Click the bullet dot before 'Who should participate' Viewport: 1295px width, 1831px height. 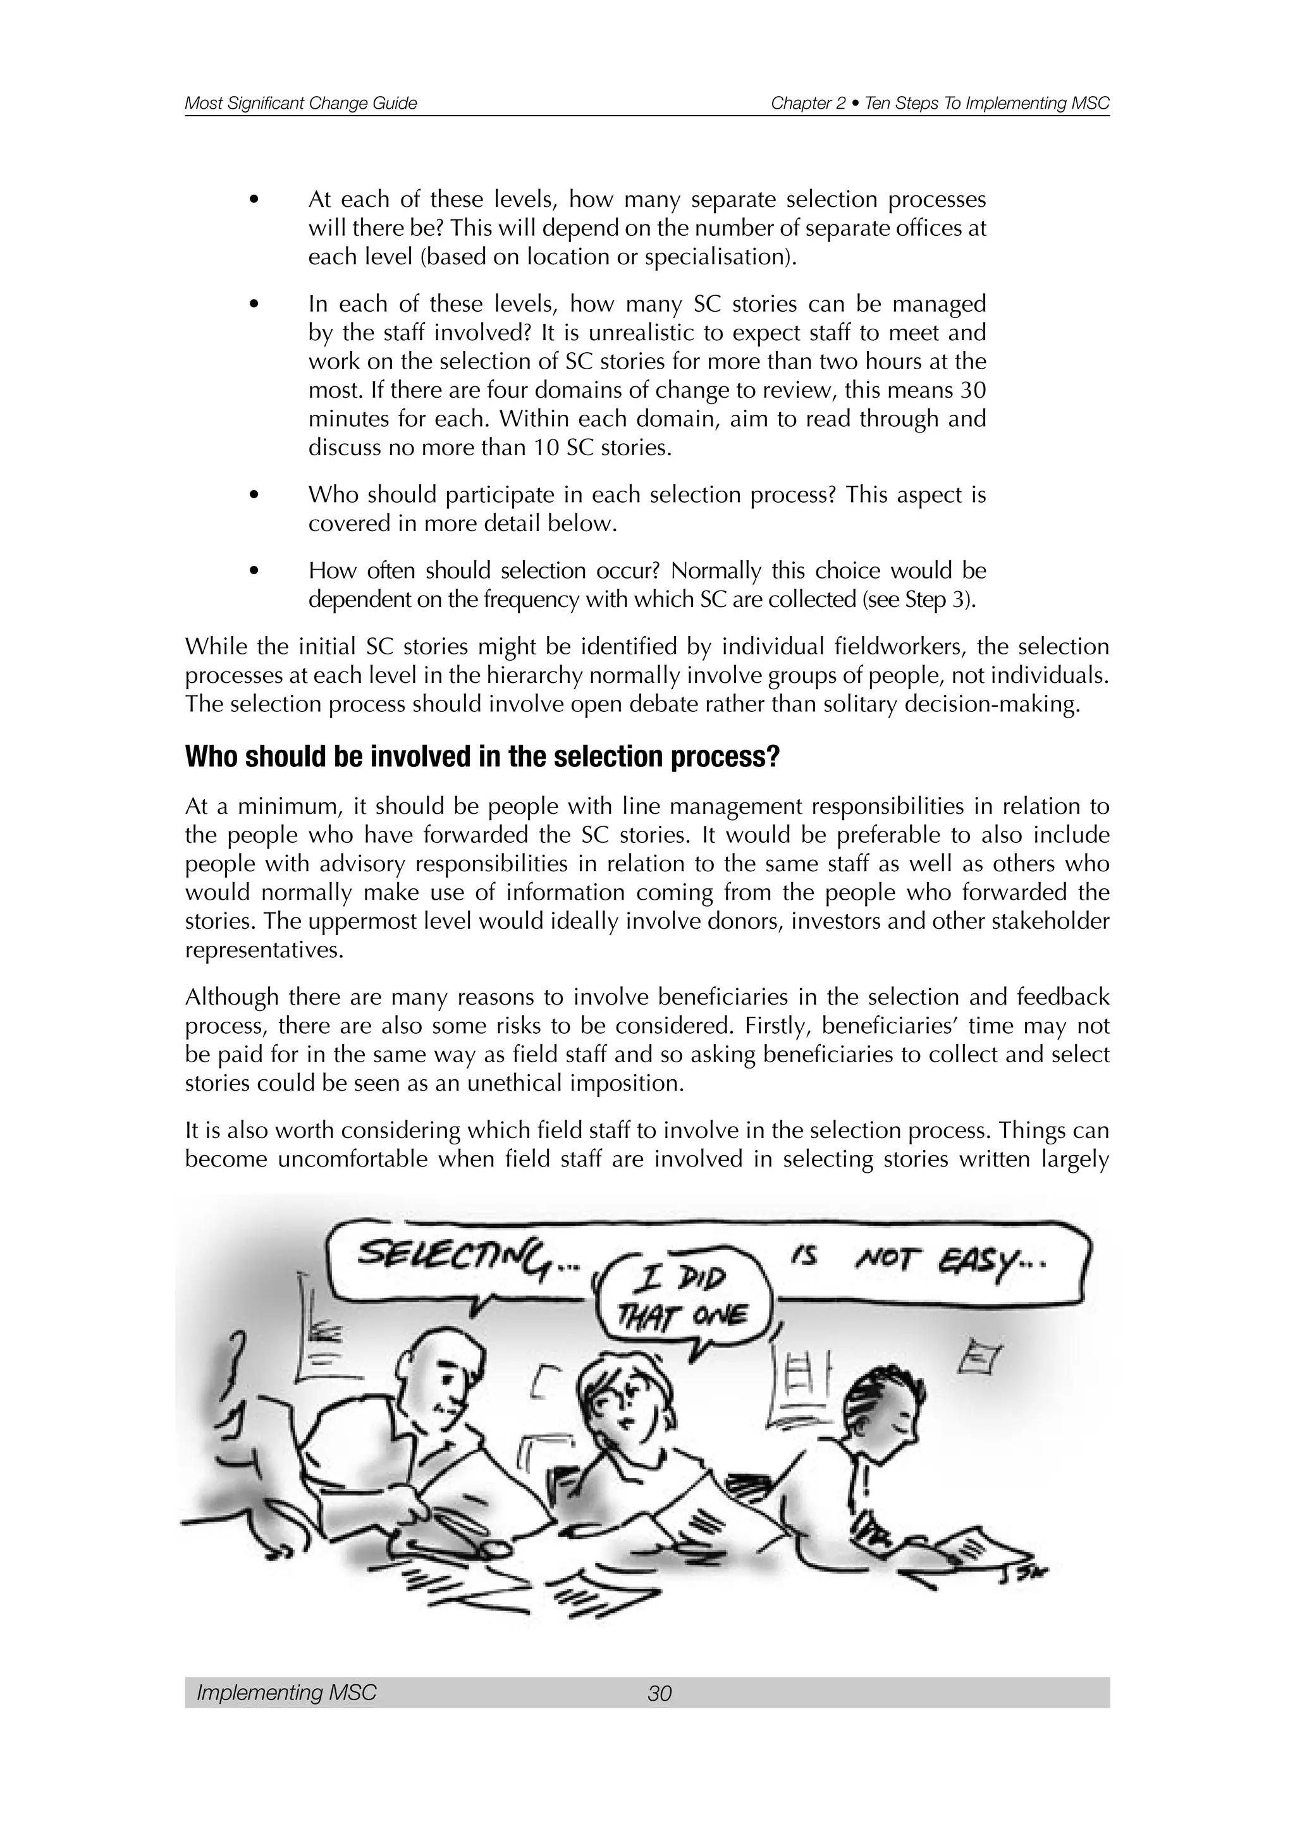(254, 495)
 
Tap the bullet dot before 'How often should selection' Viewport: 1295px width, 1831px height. (254, 571)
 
